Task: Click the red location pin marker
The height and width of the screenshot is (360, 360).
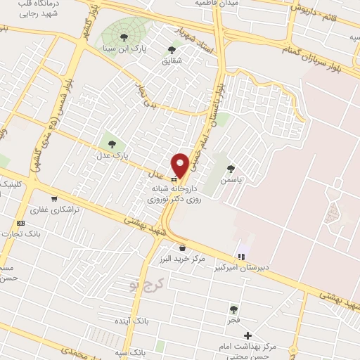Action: click(181, 165)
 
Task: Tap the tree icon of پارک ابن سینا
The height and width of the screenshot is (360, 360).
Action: click(124, 37)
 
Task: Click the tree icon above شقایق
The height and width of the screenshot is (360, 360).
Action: click(172, 49)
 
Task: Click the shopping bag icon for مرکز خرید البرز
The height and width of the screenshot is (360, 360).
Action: click(183, 247)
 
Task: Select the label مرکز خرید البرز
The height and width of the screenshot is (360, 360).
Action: click(184, 259)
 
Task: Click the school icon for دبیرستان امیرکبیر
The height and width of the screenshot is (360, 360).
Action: click(242, 257)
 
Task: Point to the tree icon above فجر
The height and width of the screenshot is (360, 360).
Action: click(233, 309)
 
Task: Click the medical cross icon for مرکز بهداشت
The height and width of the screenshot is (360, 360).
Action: click(247, 335)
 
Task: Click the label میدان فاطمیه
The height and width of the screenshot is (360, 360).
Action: click(238, 4)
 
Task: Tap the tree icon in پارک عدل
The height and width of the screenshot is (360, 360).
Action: click(112, 145)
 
